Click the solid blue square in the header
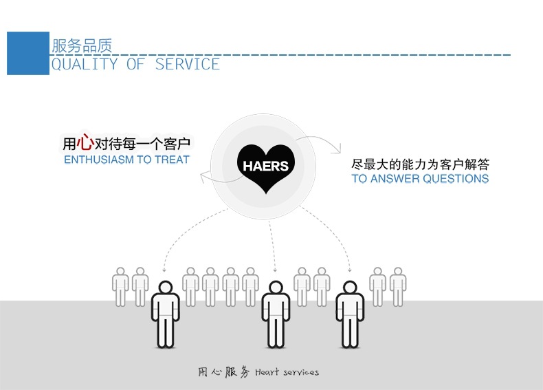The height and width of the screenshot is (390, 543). [x=28, y=54]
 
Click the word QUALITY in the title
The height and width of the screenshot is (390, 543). [x=85, y=65]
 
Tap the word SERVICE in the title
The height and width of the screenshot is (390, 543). [x=188, y=65]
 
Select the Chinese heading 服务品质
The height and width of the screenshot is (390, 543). [x=82, y=46]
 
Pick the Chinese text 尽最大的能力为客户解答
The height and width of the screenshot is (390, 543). [x=420, y=164]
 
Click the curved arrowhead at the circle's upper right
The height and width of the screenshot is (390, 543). [x=337, y=149]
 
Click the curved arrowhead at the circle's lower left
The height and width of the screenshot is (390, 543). [x=204, y=177]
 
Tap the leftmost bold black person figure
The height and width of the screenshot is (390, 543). [x=166, y=314]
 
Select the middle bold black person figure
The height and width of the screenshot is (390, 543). [x=276, y=314]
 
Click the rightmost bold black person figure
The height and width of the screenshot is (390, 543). [x=350, y=314]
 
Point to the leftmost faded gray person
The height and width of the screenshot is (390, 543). [x=120, y=287]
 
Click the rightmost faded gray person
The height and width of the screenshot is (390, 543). [x=398, y=287]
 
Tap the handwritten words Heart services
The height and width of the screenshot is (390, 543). [x=287, y=372]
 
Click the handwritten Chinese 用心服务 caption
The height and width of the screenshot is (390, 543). [x=223, y=372]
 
